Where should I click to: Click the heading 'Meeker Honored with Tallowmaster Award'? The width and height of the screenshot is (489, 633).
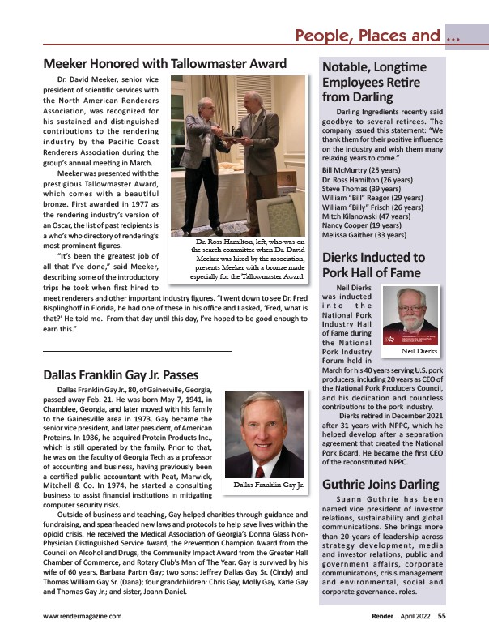click(164, 63)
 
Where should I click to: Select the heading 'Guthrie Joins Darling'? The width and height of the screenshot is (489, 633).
click(380, 485)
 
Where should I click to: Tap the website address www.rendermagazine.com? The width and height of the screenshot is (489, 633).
click(83, 616)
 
